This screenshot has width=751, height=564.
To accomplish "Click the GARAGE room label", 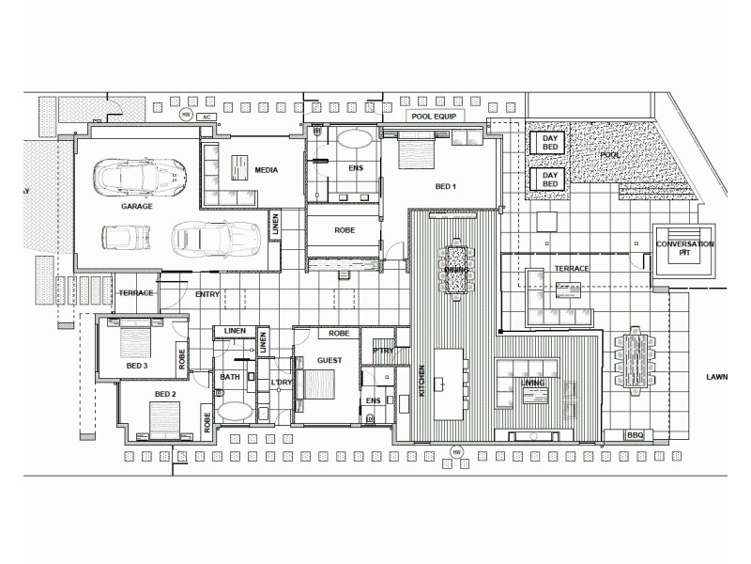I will click(137, 205).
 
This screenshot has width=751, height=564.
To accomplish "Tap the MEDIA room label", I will click(266, 170).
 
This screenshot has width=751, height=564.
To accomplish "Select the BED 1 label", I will click(445, 185).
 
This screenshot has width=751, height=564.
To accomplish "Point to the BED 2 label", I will click(165, 394).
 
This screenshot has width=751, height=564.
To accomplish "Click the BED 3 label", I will click(137, 365).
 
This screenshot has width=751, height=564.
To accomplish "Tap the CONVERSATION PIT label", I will click(685, 249).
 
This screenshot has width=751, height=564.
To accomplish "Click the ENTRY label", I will click(207, 294).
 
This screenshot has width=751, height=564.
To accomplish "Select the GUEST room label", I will click(329, 360).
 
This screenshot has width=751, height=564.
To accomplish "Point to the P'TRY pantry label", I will click(382, 351).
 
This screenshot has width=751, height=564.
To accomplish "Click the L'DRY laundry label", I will click(281, 383).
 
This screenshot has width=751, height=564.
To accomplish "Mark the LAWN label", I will click(717, 377).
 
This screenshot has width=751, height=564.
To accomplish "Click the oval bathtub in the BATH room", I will click(233, 411).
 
